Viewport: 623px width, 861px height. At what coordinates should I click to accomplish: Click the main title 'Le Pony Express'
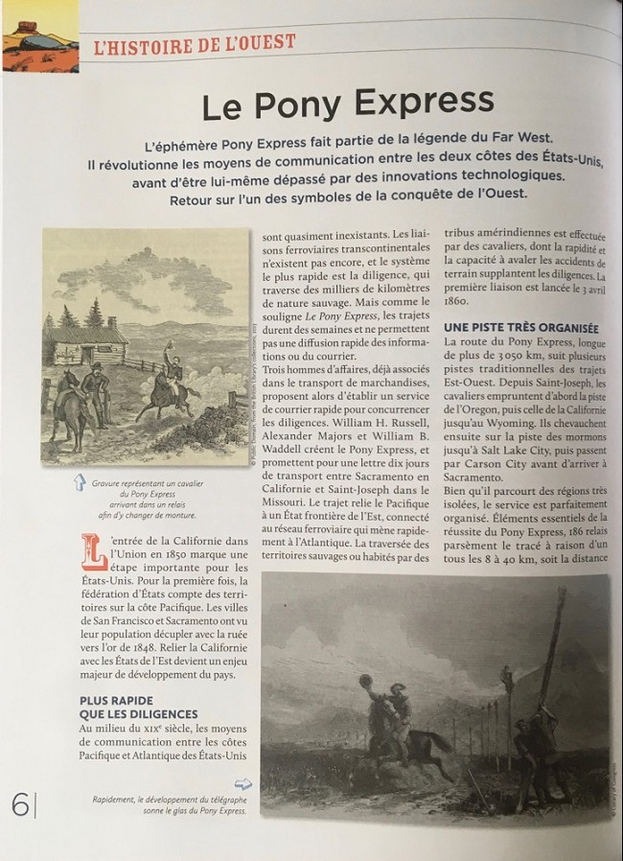(x=349, y=102)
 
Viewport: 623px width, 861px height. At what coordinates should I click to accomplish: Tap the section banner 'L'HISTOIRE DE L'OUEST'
(x=196, y=43)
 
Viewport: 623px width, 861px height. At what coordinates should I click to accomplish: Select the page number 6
(x=19, y=804)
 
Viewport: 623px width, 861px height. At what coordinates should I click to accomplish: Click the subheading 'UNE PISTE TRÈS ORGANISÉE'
(x=521, y=327)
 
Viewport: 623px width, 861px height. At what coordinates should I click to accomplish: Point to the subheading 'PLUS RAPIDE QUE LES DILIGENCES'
(x=139, y=708)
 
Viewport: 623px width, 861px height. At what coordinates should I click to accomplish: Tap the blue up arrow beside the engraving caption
(x=80, y=483)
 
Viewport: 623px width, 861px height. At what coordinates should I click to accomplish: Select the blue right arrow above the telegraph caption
(x=242, y=784)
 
